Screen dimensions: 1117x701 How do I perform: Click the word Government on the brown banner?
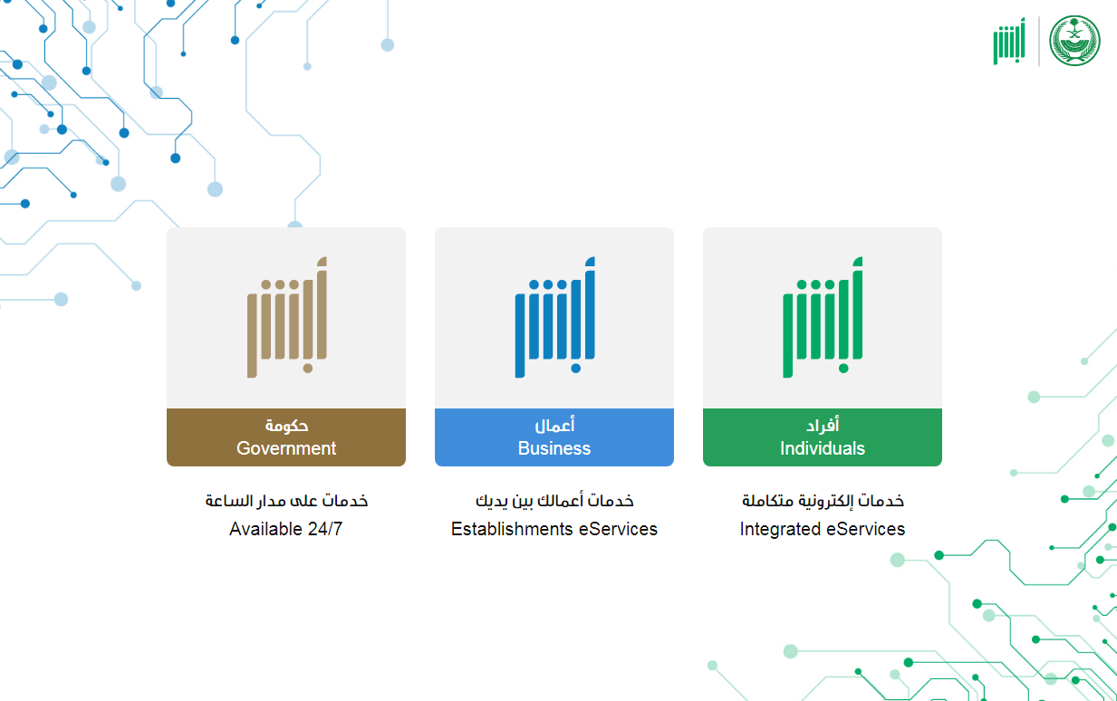[x=286, y=448]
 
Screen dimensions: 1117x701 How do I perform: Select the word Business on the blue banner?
[x=554, y=448]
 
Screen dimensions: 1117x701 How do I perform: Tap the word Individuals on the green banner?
[x=823, y=448]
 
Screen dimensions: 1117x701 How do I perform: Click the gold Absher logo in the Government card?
[x=287, y=317]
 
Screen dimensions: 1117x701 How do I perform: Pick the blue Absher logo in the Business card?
[x=555, y=317]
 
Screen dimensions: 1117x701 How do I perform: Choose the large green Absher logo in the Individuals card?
[x=823, y=317]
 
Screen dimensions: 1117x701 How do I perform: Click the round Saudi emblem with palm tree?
[x=1074, y=41]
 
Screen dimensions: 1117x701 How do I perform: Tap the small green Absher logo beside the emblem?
[x=1009, y=41]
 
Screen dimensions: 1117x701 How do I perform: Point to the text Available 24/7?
[x=285, y=529]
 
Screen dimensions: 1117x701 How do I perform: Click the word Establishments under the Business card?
[x=512, y=529]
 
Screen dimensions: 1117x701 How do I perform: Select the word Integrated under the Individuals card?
[x=780, y=529]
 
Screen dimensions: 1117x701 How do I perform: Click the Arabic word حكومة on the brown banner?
[x=286, y=426]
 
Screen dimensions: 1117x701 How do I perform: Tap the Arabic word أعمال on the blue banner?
[x=554, y=425]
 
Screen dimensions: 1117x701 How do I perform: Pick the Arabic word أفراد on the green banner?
[x=823, y=425]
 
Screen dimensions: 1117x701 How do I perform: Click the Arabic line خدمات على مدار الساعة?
[x=286, y=501]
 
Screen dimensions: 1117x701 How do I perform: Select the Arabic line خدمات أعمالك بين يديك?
[x=554, y=501]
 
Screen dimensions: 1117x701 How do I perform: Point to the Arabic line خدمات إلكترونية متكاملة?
[x=823, y=501]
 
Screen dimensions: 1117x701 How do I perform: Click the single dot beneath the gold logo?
[x=308, y=369]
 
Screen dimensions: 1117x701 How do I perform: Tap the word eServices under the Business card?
[x=618, y=529]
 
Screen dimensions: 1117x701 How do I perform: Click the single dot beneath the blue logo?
[x=575, y=369]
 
